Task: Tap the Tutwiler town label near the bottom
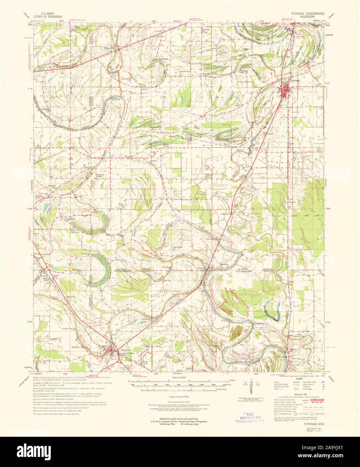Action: pos(125,350)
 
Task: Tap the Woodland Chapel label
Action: pos(206,74)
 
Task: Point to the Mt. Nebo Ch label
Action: pos(86,166)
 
